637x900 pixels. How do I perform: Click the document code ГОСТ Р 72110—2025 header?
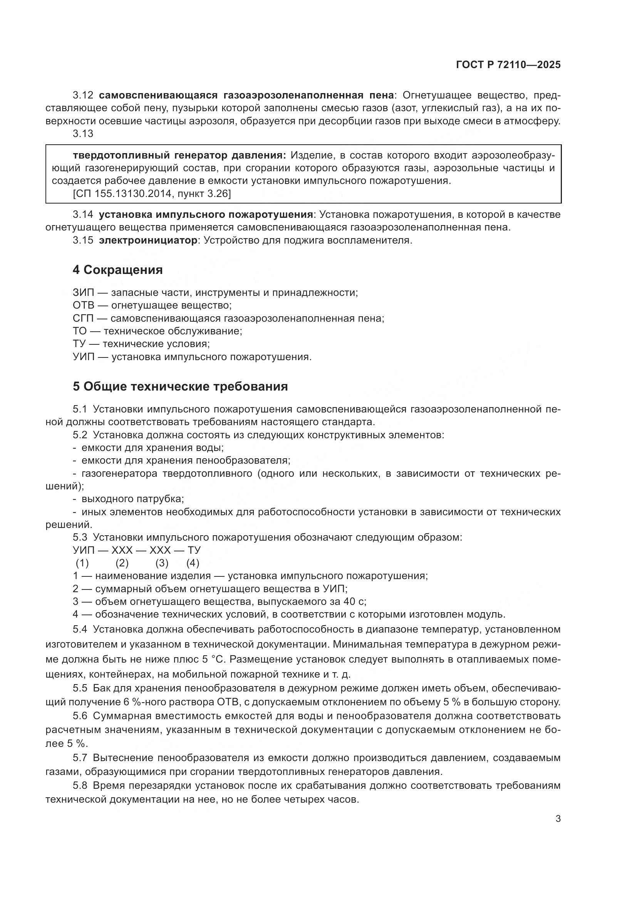click(508, 65)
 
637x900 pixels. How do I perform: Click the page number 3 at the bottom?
click(558, 818)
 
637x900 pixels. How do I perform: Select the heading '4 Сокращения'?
click(118, 270)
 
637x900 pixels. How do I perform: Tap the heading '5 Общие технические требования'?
click(180, 386)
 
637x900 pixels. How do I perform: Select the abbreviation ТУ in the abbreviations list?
click(80, 344)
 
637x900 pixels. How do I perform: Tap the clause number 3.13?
click(83, 134)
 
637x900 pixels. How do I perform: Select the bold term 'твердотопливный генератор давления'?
click(179, 155)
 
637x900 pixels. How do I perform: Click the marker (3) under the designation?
click(162, 563)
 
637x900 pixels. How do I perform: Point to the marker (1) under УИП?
click(82, 563)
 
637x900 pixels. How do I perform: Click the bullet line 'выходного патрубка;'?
click(132, 499)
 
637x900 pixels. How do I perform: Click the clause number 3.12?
click(83, 95)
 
